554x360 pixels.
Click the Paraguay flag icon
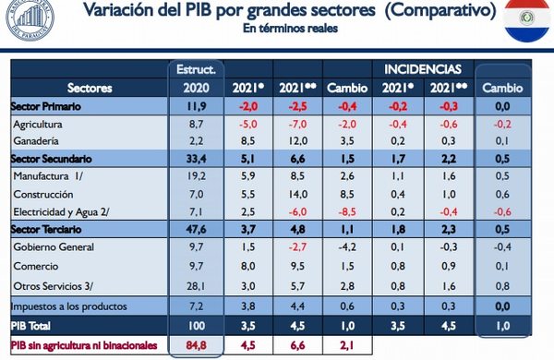tap(527, 22)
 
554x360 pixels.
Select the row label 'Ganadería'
tap(42, 140)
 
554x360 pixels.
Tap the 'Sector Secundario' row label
tap(54, 158)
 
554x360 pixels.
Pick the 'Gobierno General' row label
tap(56, 246)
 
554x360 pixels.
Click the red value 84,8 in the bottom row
tap(195, 347)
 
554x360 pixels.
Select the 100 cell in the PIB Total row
tap(197, 325)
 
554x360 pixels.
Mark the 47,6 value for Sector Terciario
tap(196, 229)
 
